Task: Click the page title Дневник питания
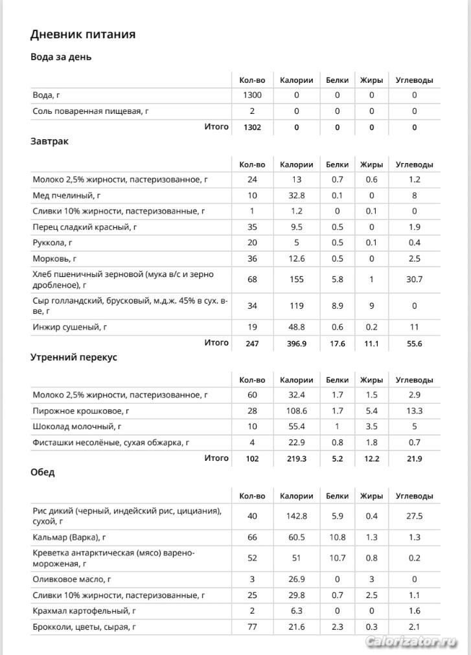pyautogui.click(x=83, y=34)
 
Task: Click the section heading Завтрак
pyautogui.click(x=49, y=141)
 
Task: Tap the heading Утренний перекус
pyautogui.click(x=73, y=357)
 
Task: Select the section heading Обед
pyautogui.click(x=43, y=472)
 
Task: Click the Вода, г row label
pyautogui.click(x=47, y=95)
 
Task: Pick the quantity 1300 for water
pyautogui.click(x=252, y=95)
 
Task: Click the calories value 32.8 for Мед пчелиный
pyautogui.click(x=296, y=195)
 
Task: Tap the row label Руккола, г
pyautogui.click(x=52, y=243)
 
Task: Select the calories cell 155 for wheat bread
pyautogui.click(x=296, y=279)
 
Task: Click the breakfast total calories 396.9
pyautogui.click(x=296, y=344)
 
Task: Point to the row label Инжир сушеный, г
pyautogui.click(x=70, y=327)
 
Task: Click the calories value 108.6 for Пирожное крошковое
pyautogui.click(x=296, y=410)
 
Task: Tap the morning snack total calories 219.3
pyautogui.click(x=296, y=458)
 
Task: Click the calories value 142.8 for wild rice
pyautogui.click(x=296, y=516)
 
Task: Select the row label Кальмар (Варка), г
pyautogui.click(x=69, y=537)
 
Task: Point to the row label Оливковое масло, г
pyautogui.click(x=72, y=579)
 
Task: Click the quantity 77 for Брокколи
pyautogui.click(x=252, y=627)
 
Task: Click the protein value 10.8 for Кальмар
pyautogui.click(x=337, y=537)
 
